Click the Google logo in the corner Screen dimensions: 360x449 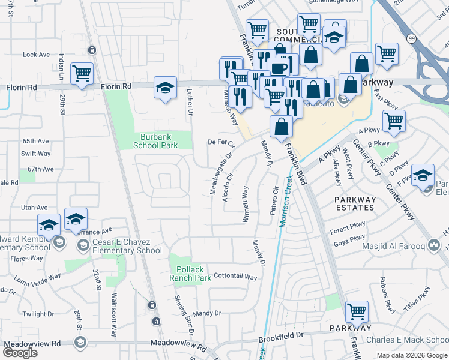pyautogui.click(x=20, y=352)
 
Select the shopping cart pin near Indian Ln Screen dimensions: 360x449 pyautogui.click(x=82, y=74)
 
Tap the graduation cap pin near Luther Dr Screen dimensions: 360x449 pyautogui.click(x=165, y=88)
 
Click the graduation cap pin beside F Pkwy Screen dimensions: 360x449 pyautogui.click(x=423, y=175)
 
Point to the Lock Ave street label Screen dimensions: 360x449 pyautogui.click(x=36, y=55)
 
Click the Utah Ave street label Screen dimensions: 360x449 pyautogui.click(x=34, y=207)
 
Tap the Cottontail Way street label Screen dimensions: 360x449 pyautogui.click(x=235, y=278)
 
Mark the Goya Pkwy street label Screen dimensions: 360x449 pyautogui.click(x=346, y=244)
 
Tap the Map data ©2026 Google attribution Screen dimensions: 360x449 pyautogui.click(x=412, y=355)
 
